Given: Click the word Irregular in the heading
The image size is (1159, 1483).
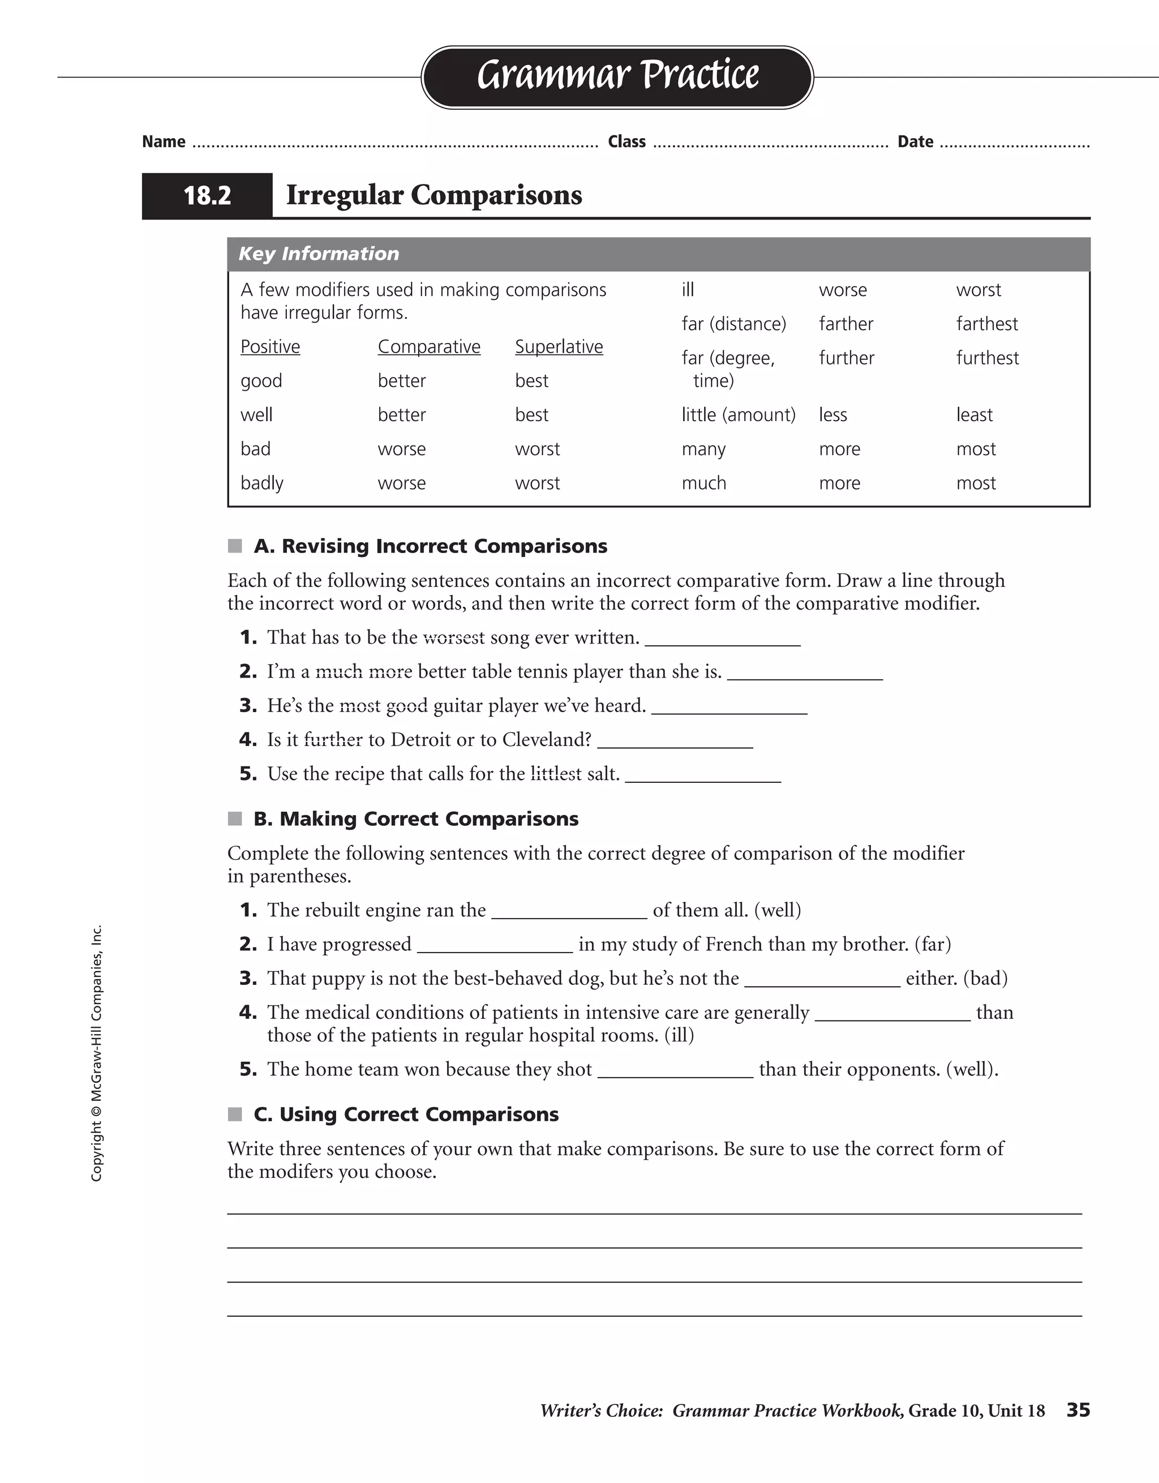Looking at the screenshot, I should click(x=344, y=195).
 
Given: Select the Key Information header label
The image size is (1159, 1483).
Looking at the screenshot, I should click(x=319, y=254).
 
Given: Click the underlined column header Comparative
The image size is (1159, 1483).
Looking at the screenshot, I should click(x=428, y=347).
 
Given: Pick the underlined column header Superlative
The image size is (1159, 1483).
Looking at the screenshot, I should click(x=558, y=347).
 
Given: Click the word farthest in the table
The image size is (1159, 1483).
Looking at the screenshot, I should click(x=986, y=324).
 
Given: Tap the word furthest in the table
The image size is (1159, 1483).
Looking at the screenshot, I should click(x=987, y=358).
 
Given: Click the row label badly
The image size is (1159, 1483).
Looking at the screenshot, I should click(x=261, y=483).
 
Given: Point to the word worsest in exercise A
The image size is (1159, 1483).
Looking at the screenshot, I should click(x=453, y=637).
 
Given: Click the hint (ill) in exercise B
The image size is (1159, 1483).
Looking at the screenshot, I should click(x=679, y=1035).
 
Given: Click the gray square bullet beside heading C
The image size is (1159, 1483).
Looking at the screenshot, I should click(x=235, y=1115).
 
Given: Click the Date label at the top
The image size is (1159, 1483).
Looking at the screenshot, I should click(x=915, y=142).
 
